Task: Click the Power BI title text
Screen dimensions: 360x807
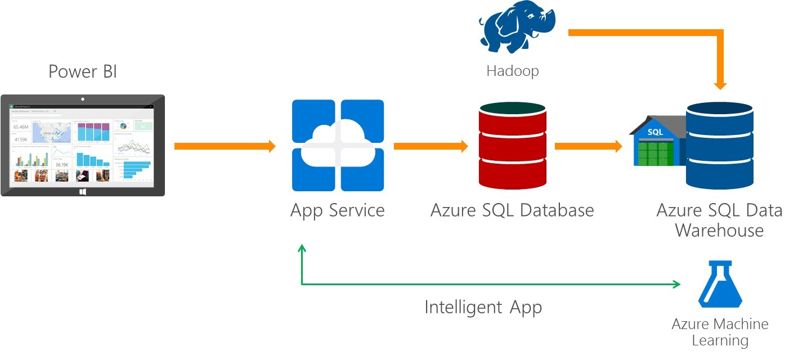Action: (x=83, y=72)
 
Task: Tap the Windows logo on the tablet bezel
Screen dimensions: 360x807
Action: (x=83, y=191)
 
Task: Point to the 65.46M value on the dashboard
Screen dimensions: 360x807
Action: (x=21, y=127)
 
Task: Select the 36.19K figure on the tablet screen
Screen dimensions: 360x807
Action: (x=62, y=165)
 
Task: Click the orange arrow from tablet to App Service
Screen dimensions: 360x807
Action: (x=225, y=146)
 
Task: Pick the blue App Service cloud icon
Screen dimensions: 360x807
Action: (x=338, y=146)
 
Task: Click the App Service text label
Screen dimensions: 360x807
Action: (x=338, y=210)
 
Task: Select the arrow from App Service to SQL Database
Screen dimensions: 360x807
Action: (x=431, y=146)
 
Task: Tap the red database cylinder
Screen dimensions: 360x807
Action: (x=512, y=146)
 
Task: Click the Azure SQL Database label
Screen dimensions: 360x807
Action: (x=512, y=210)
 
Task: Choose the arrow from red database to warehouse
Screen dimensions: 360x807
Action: (x=588, y=146)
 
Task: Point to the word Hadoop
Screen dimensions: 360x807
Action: (x=512, y=71)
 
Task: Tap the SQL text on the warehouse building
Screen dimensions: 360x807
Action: (x=656, y=132)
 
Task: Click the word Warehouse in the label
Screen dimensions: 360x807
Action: (x=719, y=231)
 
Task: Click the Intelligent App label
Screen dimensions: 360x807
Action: (x=483, y=307)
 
